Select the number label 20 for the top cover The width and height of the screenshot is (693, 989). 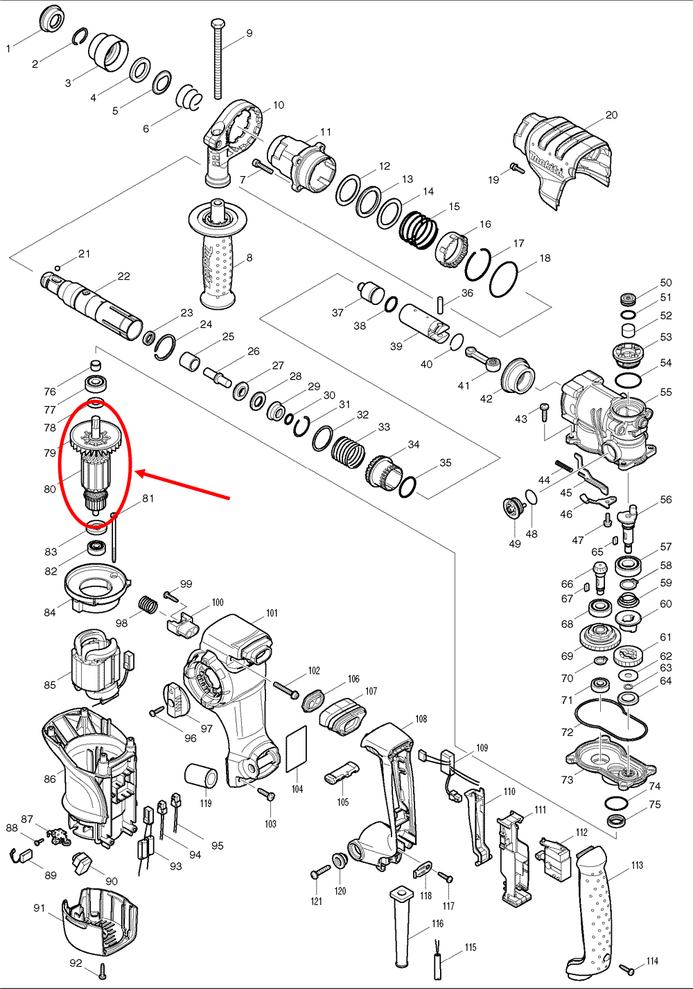[x=611, y=115]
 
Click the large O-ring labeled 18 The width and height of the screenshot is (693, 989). [x=504, y=279]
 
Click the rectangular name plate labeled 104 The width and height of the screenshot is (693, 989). [x=297, y=749]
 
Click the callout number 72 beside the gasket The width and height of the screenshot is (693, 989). [x=567, y=732]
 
